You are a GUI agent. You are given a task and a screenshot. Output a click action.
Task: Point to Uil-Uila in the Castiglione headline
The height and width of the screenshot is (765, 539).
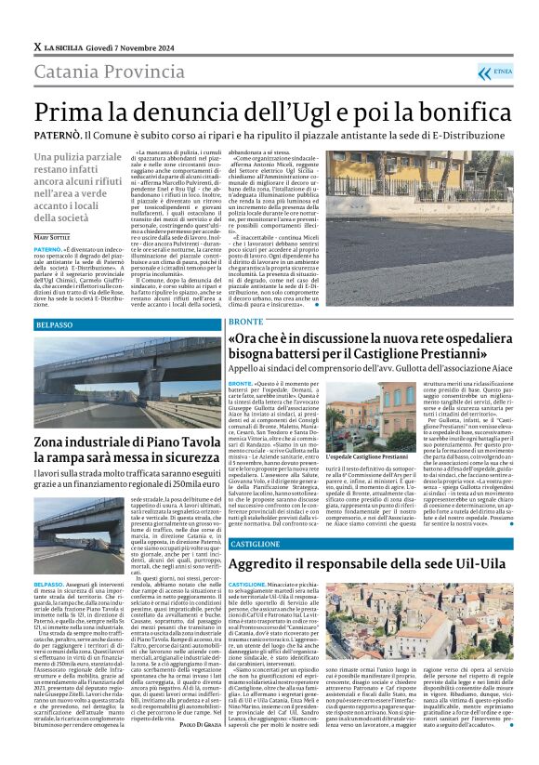coord(476,564)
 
